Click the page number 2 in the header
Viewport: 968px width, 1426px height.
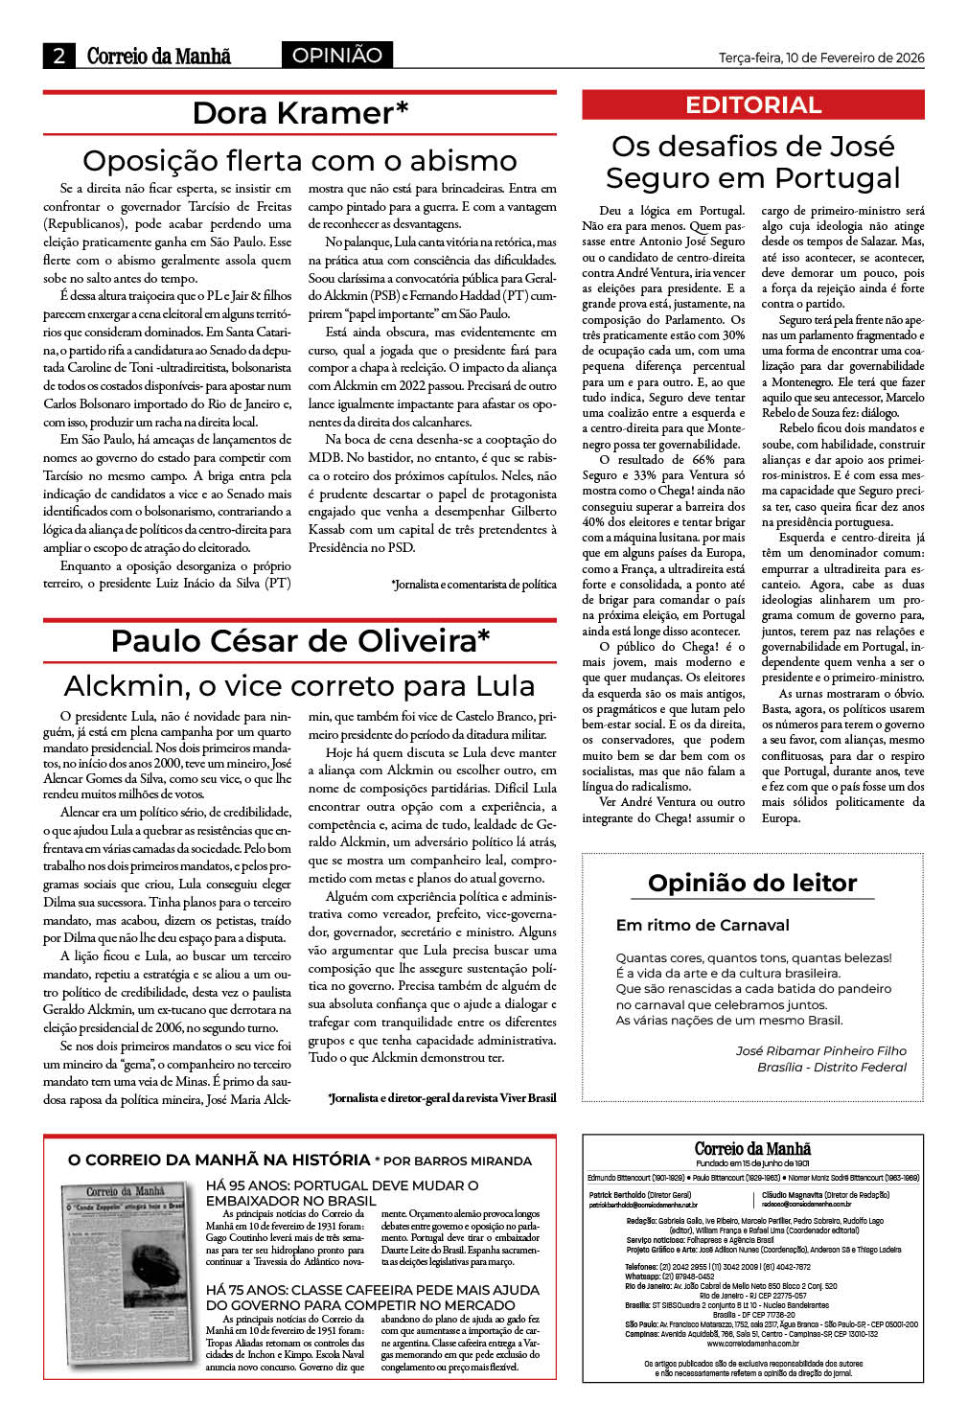pyautogui.click(x=59, y=56)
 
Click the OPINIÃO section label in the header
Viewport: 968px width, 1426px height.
pyautogui.click(x=336, y=56)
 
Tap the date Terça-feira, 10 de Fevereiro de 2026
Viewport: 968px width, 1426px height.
pyautogui.click(x=821, y=57)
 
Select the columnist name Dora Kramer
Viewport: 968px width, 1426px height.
pyautogui.click(x=300, y=114)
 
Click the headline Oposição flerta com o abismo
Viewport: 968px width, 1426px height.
pyautogui.click(x=300, y=160)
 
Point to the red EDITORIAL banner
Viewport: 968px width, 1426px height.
pyautogui.click(x=753, y=105)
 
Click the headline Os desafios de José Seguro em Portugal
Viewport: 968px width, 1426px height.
pyautogui.click(x=753, y=162)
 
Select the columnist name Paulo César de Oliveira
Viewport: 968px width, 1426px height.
pyautogui.click(x=300, y=640)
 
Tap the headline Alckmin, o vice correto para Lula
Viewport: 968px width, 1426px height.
pyautogui.click(x=300, y=686)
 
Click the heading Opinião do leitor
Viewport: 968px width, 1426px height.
pyautogui.click(x=752, y=883)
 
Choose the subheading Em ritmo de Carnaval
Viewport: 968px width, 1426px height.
pyautogui.click(x=703, y=925)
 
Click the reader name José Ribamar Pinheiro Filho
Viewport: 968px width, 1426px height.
pyautogui.click(x=820, y=1050)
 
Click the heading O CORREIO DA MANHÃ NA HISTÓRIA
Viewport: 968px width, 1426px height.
pyautogui.click(x=219, y=1160)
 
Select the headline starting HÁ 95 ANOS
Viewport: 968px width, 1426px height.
pyautogui.click(x=342, y=1192)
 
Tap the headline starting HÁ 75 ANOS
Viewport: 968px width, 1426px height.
pyautogui.click(x=373, y=1298)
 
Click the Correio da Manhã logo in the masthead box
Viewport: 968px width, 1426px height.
pyautogui.click(x=752, y=1148)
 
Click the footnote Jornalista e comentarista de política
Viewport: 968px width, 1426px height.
pyautogui.click(x=473, y=584)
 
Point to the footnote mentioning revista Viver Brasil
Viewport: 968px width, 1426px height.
pyautogui.click(x=442, y=1097)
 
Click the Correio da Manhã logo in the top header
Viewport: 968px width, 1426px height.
pyautogui.click(x=159, y=56)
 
